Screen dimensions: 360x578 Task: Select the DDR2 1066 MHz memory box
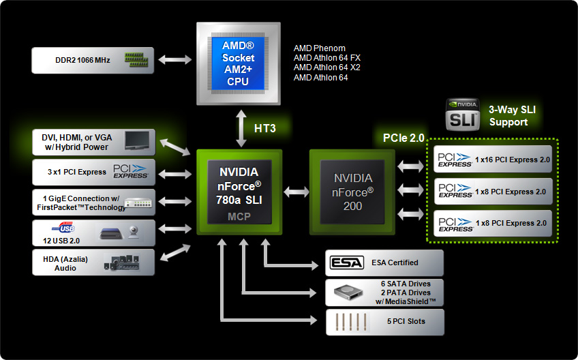point(94,60)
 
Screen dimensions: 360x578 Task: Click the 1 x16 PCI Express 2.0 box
point(493,160)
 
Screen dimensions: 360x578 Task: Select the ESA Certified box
point(384,262)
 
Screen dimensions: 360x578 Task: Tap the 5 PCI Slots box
point(384,321)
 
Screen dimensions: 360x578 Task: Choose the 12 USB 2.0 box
point(94,232)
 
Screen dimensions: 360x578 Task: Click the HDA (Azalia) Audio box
point(94,262)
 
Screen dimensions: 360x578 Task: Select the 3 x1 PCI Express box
point(94,172)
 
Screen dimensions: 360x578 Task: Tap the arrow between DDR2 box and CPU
point(176,60)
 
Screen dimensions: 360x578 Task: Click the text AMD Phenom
point(319,48)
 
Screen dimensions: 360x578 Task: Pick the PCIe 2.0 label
point(404,138)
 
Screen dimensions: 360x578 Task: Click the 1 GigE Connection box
point(94,202)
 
